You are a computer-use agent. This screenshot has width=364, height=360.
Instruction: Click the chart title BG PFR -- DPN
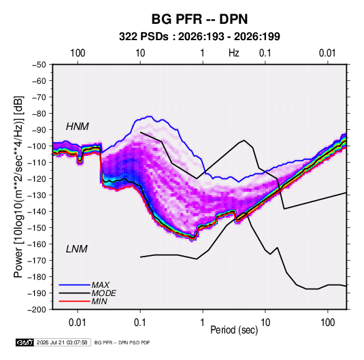coord(199,19)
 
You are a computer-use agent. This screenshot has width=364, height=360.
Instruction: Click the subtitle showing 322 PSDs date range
coord(199,37)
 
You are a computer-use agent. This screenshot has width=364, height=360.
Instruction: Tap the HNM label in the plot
coord(78,127)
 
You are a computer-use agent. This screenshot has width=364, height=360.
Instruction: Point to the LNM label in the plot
coord(77,249)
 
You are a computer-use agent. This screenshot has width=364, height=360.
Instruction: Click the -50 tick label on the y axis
coord(39,65)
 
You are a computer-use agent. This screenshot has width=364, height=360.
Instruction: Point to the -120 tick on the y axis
coord(37,178)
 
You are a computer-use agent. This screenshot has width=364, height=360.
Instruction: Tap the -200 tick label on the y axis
coord(37,310)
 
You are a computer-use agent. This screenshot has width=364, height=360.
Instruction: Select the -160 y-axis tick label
coord(37,244)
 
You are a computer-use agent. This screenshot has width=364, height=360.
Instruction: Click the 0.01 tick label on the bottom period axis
coord(78,323)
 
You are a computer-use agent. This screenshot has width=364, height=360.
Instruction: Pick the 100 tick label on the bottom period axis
coord(327,323)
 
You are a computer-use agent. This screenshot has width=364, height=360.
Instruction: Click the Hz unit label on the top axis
coord(234,53)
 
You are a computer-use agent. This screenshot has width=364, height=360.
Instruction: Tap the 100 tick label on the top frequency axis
coord(78,53)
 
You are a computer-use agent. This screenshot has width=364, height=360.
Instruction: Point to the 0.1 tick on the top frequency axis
coord(265,53)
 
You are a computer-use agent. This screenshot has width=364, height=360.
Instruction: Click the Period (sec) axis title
coord(234,330)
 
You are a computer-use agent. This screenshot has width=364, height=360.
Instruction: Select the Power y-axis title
coord(19,186)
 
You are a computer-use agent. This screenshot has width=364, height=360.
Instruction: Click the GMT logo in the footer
coord(24,342)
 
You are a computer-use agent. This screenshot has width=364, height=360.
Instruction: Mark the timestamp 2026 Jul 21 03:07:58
coord(62,342)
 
